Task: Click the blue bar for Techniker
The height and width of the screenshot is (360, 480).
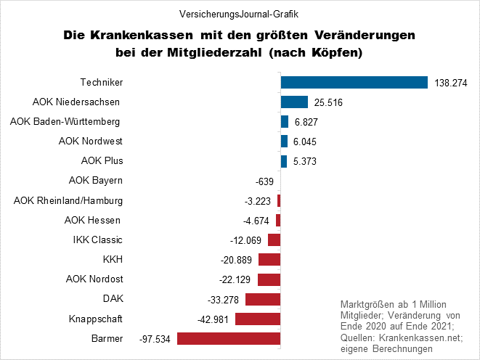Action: click(354, 83)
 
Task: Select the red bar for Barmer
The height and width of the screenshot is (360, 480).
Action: click(229, 338)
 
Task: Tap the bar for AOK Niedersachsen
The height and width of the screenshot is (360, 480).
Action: click(294, 102)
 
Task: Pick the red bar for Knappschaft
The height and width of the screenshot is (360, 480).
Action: click(257, 319)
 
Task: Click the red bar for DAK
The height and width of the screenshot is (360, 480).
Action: click(263, 299)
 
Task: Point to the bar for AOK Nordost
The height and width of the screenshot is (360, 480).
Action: click(269, 279)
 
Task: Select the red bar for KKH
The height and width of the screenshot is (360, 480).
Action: click(269, 260)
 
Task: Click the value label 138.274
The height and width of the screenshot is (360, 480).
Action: click(451, 83)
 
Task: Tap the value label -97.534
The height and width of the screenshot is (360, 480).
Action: click(155, 339)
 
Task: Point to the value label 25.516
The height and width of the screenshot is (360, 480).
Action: click(328, 103)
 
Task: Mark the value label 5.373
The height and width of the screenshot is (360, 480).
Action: click(304, 161)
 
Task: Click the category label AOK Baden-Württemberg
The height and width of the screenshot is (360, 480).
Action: click(65, 120)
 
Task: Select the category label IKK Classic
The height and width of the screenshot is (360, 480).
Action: click(98, 240)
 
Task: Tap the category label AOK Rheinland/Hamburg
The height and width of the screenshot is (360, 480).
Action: click(68, 200)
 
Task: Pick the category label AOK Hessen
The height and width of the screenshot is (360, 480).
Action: click(93, 220)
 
